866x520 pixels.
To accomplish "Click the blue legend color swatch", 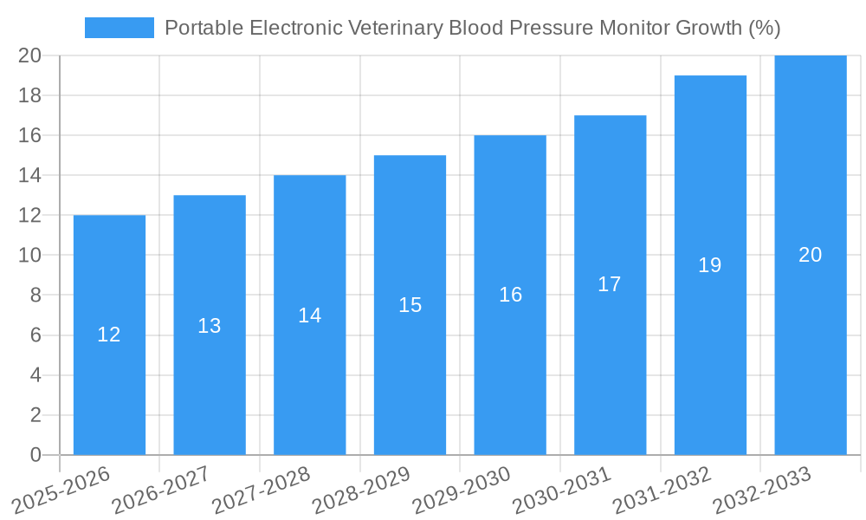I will [x=119, y=28].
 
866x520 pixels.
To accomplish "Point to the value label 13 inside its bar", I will [x=210, y=326].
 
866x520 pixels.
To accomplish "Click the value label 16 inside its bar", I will [x=510, y=295].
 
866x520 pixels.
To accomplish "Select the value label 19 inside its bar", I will [x=710, y=265].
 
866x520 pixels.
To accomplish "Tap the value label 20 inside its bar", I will [x=810, y=255].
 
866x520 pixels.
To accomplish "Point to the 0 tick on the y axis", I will [x=36, y=455].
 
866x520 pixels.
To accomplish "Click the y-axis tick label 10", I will [x=30, y=256].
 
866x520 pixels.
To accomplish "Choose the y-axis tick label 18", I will [x=30, y=95].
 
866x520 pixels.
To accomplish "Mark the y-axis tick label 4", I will [x=36, y=375].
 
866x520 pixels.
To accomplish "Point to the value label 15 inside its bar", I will [x=410, y=305].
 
